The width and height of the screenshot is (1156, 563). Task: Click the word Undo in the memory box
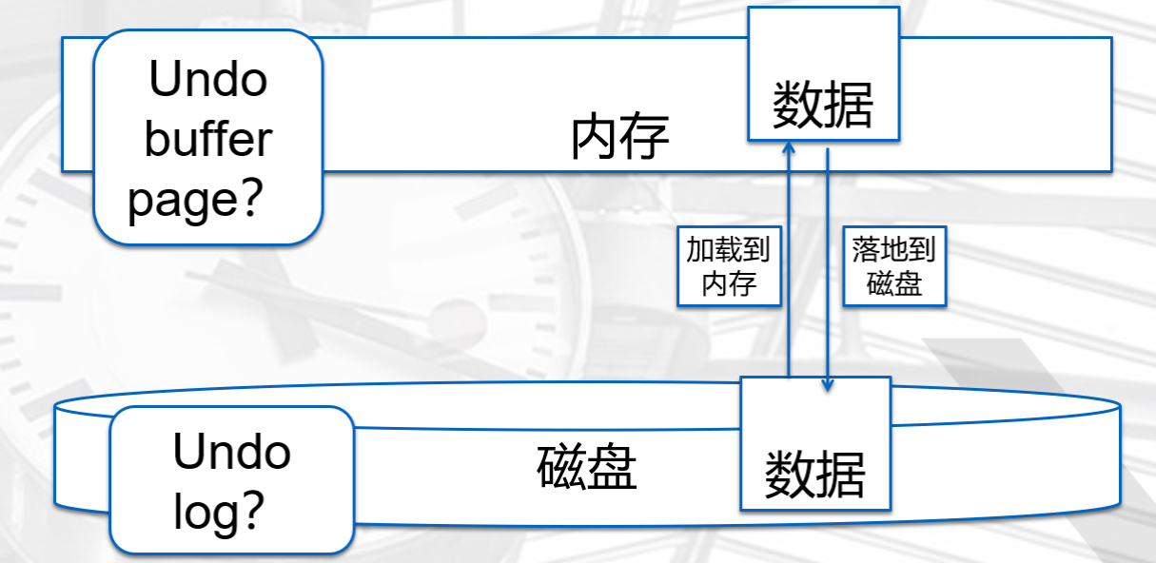(208, 80)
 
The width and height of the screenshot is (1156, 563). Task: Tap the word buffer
(208, 140)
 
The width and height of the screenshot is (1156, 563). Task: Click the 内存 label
(620, 139)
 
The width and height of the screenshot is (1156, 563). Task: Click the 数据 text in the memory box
(823, 104)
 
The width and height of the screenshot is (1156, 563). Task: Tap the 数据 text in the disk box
(815, 474)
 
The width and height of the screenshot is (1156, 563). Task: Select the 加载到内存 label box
(729, 266)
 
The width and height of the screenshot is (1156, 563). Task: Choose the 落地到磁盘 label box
(894, 266)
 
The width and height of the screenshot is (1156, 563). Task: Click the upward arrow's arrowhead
(789, 147)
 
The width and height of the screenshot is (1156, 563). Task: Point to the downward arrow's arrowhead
(828, 384)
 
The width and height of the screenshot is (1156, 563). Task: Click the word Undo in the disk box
(231, 452)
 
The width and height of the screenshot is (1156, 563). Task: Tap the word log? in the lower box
(219, 512)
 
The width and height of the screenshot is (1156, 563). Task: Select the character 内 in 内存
(596, 139)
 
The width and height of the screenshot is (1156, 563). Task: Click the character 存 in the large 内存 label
(646, 139)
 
